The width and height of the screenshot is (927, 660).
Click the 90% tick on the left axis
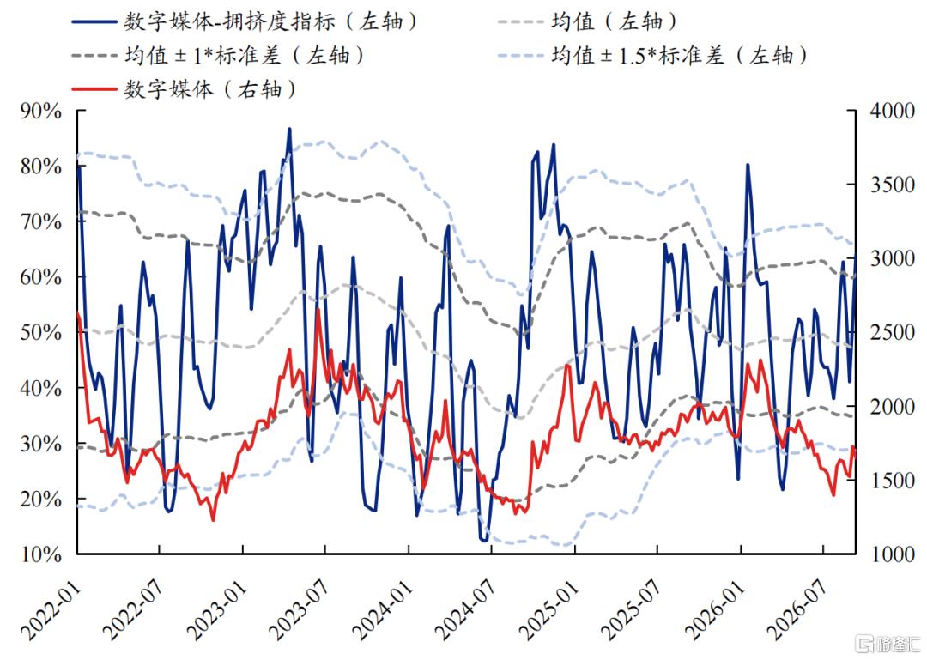coord(41,112)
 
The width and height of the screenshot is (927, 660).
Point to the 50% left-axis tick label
coord(41,333)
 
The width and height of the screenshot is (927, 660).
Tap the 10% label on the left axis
coord(41,554)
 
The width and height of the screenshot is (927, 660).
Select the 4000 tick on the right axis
coord(892,112)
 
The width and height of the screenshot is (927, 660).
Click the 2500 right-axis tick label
coord(892,333)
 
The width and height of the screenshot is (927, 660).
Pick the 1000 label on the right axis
coord(892,554)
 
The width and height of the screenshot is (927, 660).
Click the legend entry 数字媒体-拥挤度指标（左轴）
coord(245,21)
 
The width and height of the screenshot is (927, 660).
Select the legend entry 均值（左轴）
coord(587,21)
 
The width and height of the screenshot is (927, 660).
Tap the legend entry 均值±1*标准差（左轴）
coord(218,56)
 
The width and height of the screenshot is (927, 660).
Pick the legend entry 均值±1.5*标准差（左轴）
coord(652,56)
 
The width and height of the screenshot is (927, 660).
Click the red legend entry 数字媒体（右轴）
coord(184,89)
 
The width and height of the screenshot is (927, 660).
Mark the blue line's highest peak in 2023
coord(289,129)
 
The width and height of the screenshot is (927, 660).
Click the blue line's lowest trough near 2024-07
coord(484,540)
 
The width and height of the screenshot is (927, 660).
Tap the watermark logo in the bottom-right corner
coord(889,644)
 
